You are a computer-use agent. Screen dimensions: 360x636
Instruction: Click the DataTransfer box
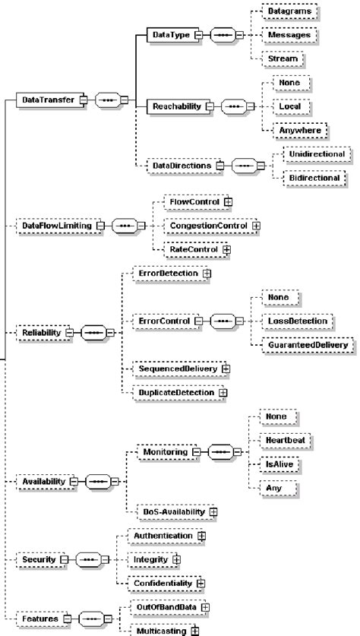50,100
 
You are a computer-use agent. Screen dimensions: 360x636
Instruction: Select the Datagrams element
289,11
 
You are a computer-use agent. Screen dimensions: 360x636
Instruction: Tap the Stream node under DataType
283,59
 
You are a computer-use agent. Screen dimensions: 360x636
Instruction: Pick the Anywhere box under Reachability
300,131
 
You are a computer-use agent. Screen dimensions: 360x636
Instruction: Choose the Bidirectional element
314,178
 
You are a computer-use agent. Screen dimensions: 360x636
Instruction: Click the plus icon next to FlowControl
229,201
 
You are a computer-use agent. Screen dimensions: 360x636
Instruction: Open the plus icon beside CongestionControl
256,226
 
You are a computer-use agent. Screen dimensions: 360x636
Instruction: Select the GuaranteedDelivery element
308,345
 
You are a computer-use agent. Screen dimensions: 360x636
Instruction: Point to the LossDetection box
298,321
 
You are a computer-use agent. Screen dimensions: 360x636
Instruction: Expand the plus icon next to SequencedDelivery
226,369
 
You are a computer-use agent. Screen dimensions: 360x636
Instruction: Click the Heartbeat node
286,440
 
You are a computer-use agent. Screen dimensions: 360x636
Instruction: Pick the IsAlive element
279,464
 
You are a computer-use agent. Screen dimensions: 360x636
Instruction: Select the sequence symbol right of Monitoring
221,452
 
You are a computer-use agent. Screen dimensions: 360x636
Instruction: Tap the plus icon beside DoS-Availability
213,512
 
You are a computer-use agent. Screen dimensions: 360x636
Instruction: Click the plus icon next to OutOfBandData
205,607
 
